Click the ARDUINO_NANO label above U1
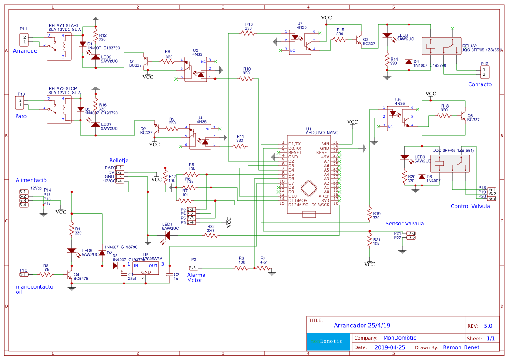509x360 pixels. [322, 132]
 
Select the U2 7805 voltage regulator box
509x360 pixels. [146, 269]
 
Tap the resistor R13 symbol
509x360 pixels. [248, 32]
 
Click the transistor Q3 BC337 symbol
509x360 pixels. [358, 40]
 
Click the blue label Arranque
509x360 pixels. [25, 51]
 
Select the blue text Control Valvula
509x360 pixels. [470, 206]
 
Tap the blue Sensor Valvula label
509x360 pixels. [405, 224]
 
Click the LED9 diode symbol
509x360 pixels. [72, 251]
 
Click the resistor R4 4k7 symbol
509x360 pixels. [262, 269]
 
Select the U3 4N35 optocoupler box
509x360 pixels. [195, 69]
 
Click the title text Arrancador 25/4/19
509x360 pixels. [362, 326]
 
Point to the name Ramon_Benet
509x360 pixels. [462, 347]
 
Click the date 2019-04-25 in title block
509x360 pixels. [390, 347]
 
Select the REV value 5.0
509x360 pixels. [488, 326]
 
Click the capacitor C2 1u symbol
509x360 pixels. [170, 274]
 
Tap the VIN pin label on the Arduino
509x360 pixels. [325, 143]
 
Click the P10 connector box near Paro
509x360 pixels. [20, 103]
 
